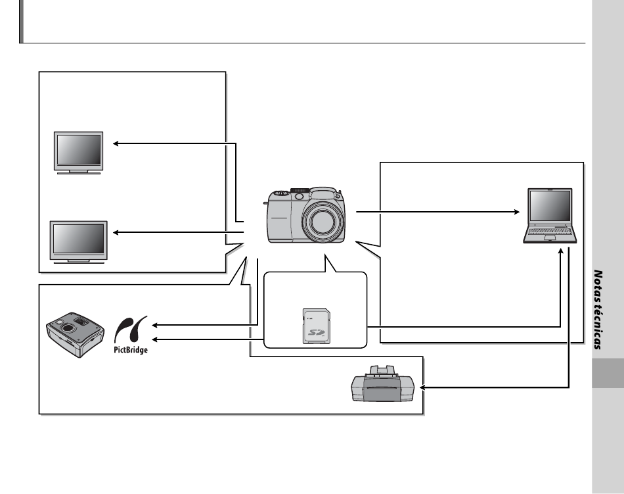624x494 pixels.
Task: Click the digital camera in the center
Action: pos(305,214)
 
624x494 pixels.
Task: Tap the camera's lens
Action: pos(321,222)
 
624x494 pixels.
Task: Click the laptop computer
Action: pos(550,216)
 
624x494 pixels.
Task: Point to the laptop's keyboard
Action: pos(550,231)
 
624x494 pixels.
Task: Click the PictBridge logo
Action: pos(131,335)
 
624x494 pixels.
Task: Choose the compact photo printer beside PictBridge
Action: pos(76,335)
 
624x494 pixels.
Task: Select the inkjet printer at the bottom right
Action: pos(382,383)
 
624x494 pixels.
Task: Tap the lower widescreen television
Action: pos(78,242)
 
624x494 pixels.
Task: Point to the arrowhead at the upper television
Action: pos(116,143)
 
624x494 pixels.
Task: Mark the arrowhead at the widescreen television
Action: pos(116,232)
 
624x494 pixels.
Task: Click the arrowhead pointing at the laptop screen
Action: pos(517,212)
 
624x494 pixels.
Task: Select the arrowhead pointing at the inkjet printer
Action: pos(422,387)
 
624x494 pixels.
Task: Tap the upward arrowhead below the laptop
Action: pos(561,251)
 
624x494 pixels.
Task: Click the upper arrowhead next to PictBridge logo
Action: pos(155,325)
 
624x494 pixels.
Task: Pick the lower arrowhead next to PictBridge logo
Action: pos(155,339)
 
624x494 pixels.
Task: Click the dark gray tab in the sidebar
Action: pos(608,373)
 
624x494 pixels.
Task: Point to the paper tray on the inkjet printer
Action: pos(382,371)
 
